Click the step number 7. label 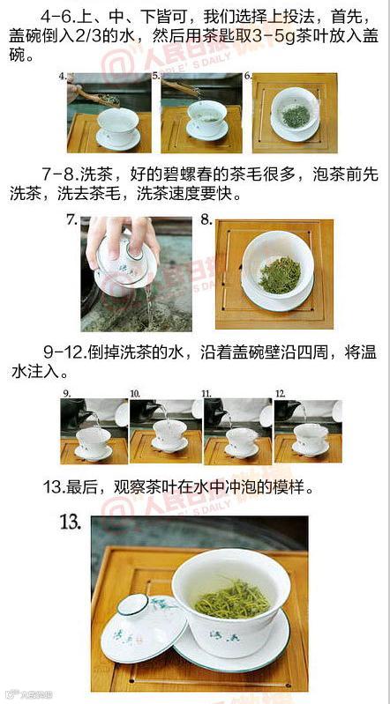72,220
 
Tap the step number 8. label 206,220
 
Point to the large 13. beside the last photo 71,523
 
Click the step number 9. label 66,394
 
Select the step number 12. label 281,394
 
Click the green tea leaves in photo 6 296,116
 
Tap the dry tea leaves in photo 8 280,276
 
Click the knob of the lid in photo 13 132,604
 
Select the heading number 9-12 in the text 65,351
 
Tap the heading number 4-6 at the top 58,18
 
